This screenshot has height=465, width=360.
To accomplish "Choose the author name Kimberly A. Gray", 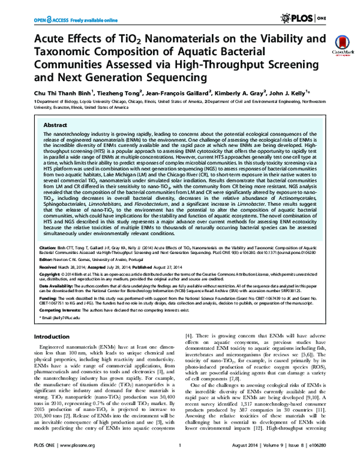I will coord(238,93).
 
